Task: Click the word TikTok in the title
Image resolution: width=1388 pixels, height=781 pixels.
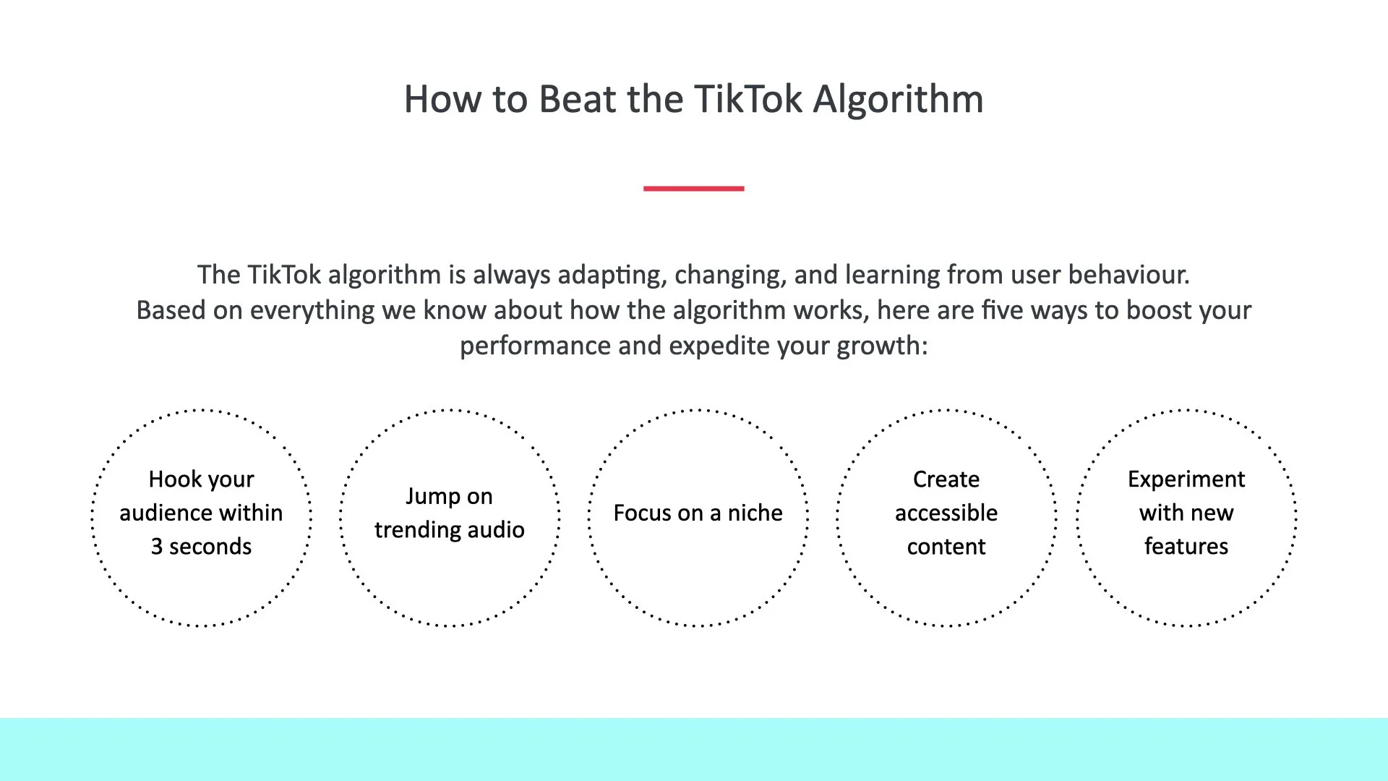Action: (747, 99)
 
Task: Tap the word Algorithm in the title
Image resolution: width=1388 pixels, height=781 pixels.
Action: (898, 99)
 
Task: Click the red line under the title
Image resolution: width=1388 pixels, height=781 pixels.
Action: (693, 189)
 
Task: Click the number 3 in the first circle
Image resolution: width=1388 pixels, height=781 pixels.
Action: (157, 547)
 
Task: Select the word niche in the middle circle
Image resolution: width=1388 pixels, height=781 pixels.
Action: (755, 513)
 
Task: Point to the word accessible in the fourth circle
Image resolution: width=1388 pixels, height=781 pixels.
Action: (946, 513)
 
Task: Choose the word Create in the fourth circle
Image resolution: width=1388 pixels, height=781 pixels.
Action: (946, 479)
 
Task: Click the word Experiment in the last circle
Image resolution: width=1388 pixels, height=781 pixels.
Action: (1186, 479)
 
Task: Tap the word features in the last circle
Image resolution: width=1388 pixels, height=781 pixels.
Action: (1186, 547)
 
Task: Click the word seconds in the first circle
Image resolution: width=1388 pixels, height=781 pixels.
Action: (210, 547)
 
